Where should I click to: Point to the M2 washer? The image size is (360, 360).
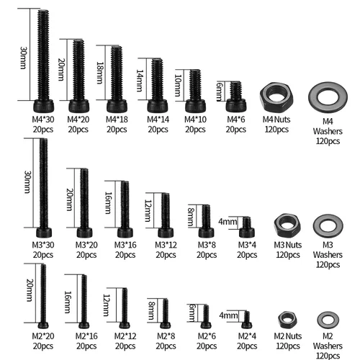tap(320, 320)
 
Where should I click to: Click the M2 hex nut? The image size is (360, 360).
tap(281, 320)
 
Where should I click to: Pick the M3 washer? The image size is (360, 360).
tap(317, 225)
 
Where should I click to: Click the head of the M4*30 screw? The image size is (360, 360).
tap(43, 106)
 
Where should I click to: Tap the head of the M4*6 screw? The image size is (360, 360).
tap(236, 105)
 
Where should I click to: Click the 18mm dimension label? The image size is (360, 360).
tap(99, 73)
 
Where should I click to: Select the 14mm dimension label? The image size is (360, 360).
tap(140, 81)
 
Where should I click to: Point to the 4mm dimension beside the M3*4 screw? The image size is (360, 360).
tap(228, 222)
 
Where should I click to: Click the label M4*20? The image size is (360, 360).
tap(78, 120)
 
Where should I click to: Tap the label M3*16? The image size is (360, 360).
tap(125, 245)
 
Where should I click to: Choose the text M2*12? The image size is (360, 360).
tap(125, 336)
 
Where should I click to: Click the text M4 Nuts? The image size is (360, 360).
tap(276, 120)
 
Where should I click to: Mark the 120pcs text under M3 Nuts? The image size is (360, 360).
tap(288, 255)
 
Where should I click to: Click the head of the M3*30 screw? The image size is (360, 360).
tap(44, 233)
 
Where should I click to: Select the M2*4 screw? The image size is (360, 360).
tap(247, 320)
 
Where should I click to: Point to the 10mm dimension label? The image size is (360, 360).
tap(178, 86)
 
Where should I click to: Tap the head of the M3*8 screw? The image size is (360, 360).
tap(206, 233)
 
